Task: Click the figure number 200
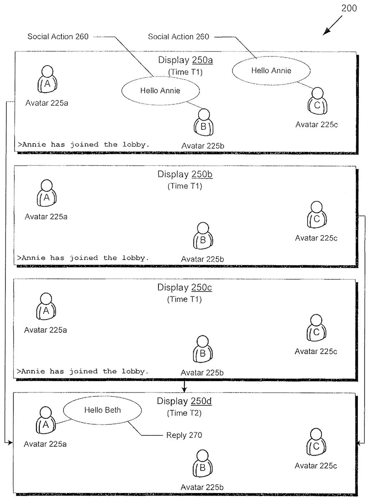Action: click(x=350, y=8)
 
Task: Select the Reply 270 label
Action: click(x=184, y=435)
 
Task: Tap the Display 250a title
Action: click(x=185, y=60)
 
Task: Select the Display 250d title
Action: click(x=184, y=401)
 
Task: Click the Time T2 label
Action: click(x=184, y=413)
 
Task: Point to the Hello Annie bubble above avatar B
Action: click(x=160, y=91)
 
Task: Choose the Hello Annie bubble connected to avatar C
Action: click(x=271, y=71)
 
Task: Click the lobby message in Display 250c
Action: click(x=83, y=371)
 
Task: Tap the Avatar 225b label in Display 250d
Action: click(x=202, y=487)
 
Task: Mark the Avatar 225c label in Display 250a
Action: click(x=316, y=124)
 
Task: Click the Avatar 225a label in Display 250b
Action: click(x=46, y=216)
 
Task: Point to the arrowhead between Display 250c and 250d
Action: click(x=184, y=390)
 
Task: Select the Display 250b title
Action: click(x=185, y=174)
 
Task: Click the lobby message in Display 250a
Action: click(x=83, y=144)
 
